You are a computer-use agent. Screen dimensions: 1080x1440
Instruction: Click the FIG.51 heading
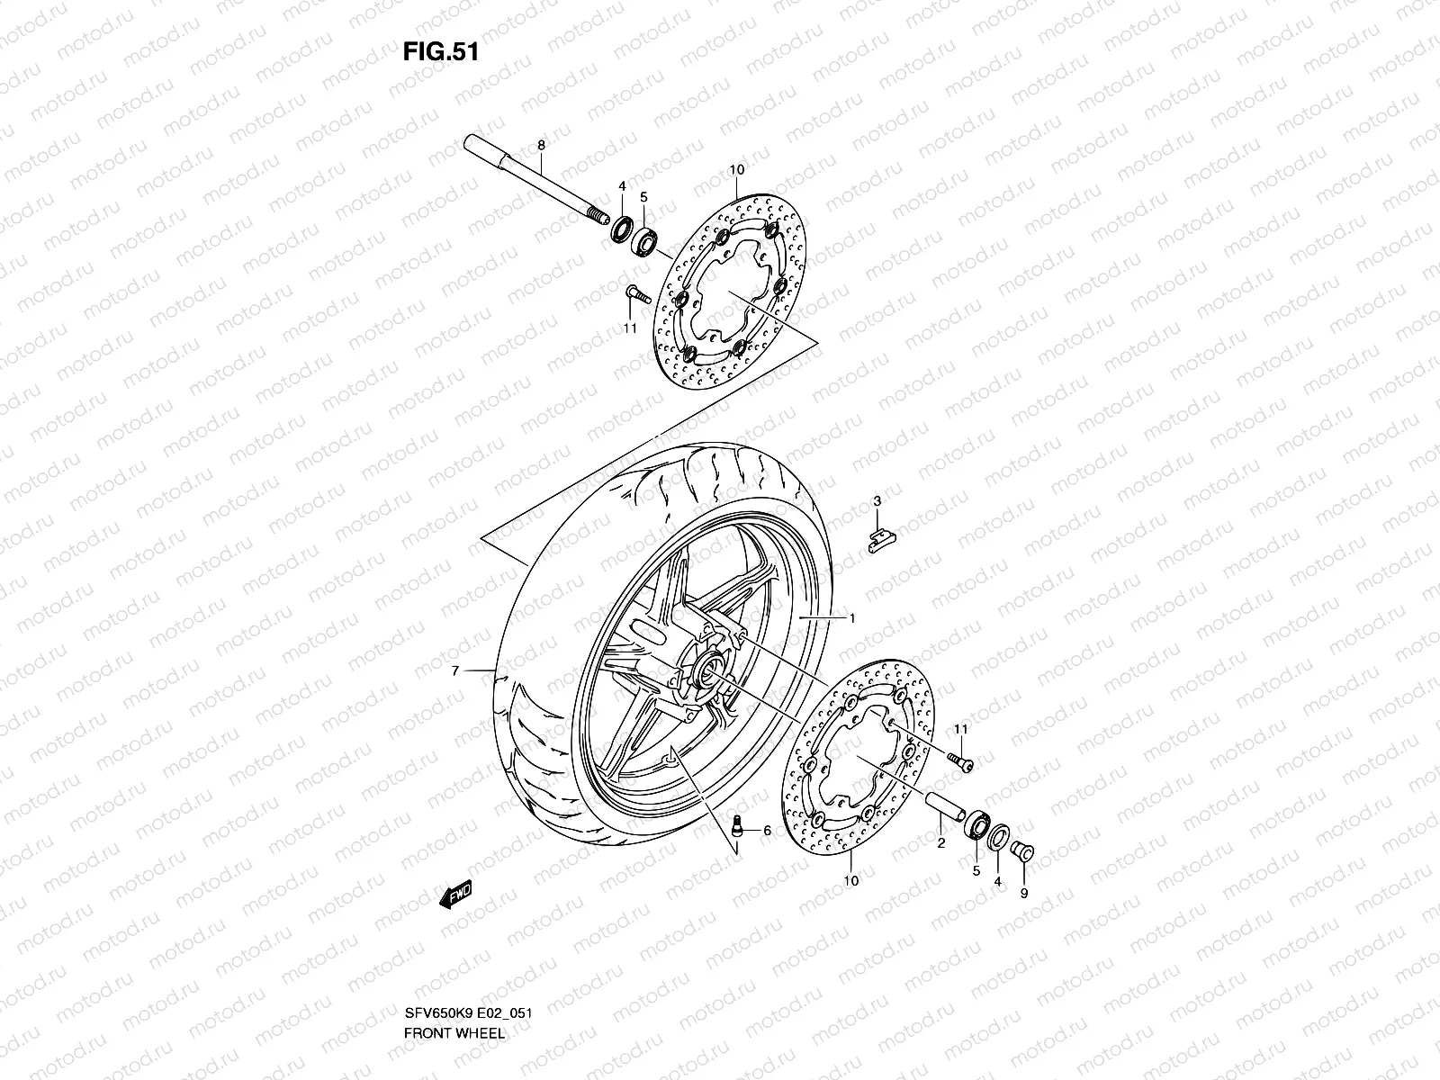[440, 51]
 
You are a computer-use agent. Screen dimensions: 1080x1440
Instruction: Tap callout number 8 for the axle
[541, 145]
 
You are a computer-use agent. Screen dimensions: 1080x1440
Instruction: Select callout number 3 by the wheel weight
[876, 500]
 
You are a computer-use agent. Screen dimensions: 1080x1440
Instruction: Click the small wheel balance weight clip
[880, 538]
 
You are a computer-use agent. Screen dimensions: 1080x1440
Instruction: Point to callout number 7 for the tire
[455, 671]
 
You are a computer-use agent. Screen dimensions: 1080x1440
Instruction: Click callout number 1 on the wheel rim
[851, 618]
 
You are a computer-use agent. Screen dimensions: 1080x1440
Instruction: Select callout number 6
[767, 831]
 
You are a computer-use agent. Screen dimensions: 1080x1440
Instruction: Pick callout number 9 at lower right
[1023, 894]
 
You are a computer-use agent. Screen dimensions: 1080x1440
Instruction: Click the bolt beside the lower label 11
[961, 763]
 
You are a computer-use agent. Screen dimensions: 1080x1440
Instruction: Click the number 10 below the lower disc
[851, 881]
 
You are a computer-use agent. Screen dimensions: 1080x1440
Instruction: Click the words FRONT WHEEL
[454, 983]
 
